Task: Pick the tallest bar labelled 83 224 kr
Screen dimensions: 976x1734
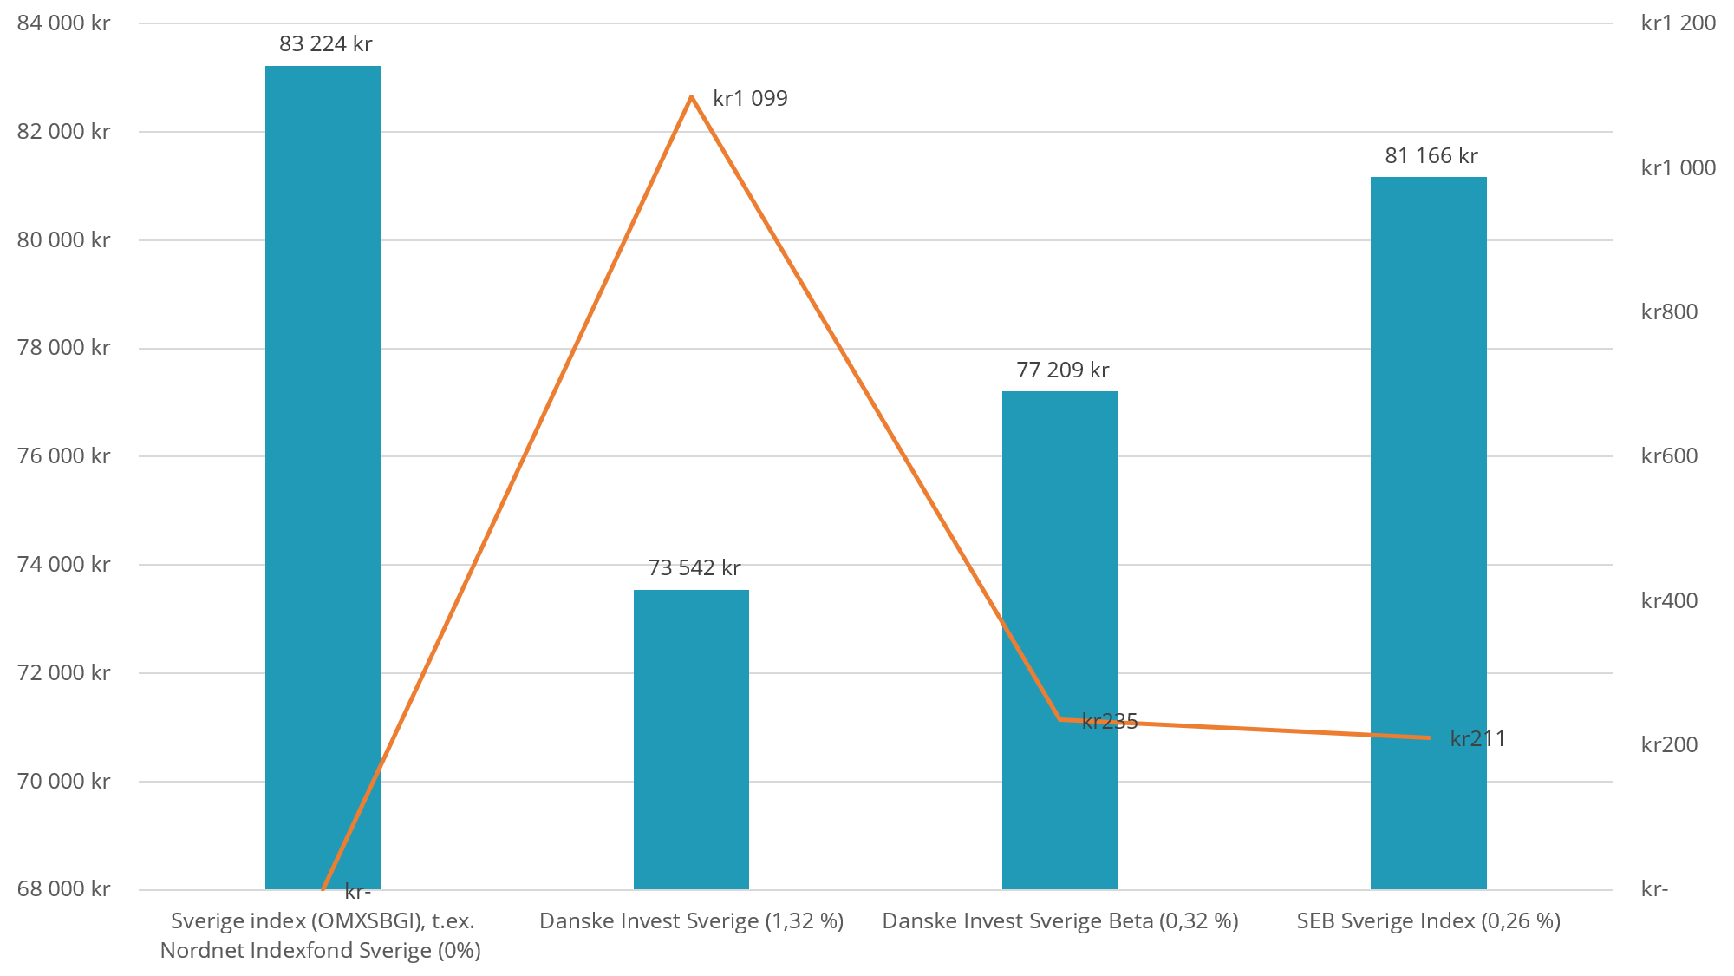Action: point(323,477)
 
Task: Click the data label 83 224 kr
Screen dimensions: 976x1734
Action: point(325,44)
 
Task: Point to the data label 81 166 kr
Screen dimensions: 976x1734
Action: point(1431,156)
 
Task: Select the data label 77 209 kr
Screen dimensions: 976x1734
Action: point(1062,370)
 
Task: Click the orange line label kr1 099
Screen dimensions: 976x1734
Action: point(750,99)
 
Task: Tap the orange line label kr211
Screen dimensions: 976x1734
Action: point(1477,739)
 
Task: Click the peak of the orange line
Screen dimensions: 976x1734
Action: point(691,96)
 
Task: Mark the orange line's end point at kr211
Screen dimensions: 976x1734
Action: point(1429,737)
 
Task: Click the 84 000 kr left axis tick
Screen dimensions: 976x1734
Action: point(63,23)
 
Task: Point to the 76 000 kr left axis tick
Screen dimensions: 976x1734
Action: point(63,456)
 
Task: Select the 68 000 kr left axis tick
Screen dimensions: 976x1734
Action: point(63,889)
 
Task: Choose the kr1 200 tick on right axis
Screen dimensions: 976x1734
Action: point(1678,23)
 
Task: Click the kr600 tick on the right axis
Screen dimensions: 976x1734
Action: point(1669,456)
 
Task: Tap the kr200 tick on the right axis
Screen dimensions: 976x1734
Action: point(1669,745)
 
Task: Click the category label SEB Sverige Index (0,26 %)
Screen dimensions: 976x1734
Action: point(1428,921)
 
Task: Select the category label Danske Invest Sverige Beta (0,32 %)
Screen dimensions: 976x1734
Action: point(1059,921)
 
